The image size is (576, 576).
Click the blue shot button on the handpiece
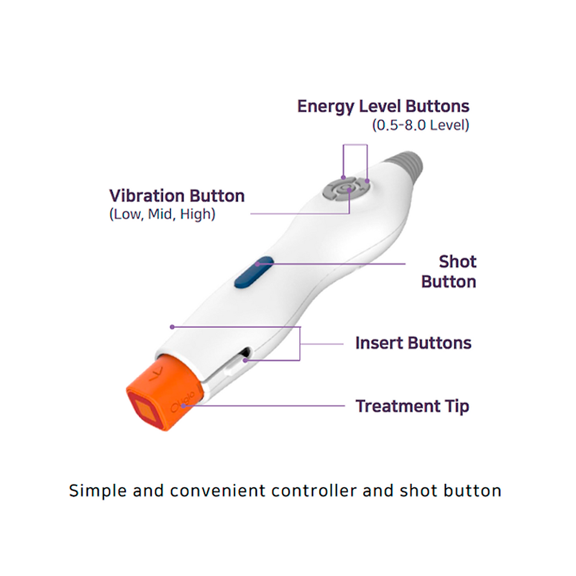pos(254,272)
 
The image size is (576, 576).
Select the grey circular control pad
pos(346,189)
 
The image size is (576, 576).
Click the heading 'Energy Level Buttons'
pos(383,106)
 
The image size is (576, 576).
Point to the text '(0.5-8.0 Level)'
pos(421,125)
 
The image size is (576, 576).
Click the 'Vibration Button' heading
pos(177,196)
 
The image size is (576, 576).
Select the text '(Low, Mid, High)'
pos(162,214)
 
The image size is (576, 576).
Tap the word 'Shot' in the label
pos(457,262)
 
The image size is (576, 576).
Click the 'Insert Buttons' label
pos(413,343)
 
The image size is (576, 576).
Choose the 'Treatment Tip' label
pos(412,406)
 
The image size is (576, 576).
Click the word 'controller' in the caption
pos(314,491)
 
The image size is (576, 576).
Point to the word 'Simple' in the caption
pos(98,491)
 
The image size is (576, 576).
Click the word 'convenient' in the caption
pos(217,491)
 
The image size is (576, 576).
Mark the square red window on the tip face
pos(145,410)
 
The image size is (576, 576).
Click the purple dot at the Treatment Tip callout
pos(183,406)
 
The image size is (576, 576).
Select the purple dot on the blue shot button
pos(257,264)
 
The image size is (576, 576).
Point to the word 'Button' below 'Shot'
pos(448,282)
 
